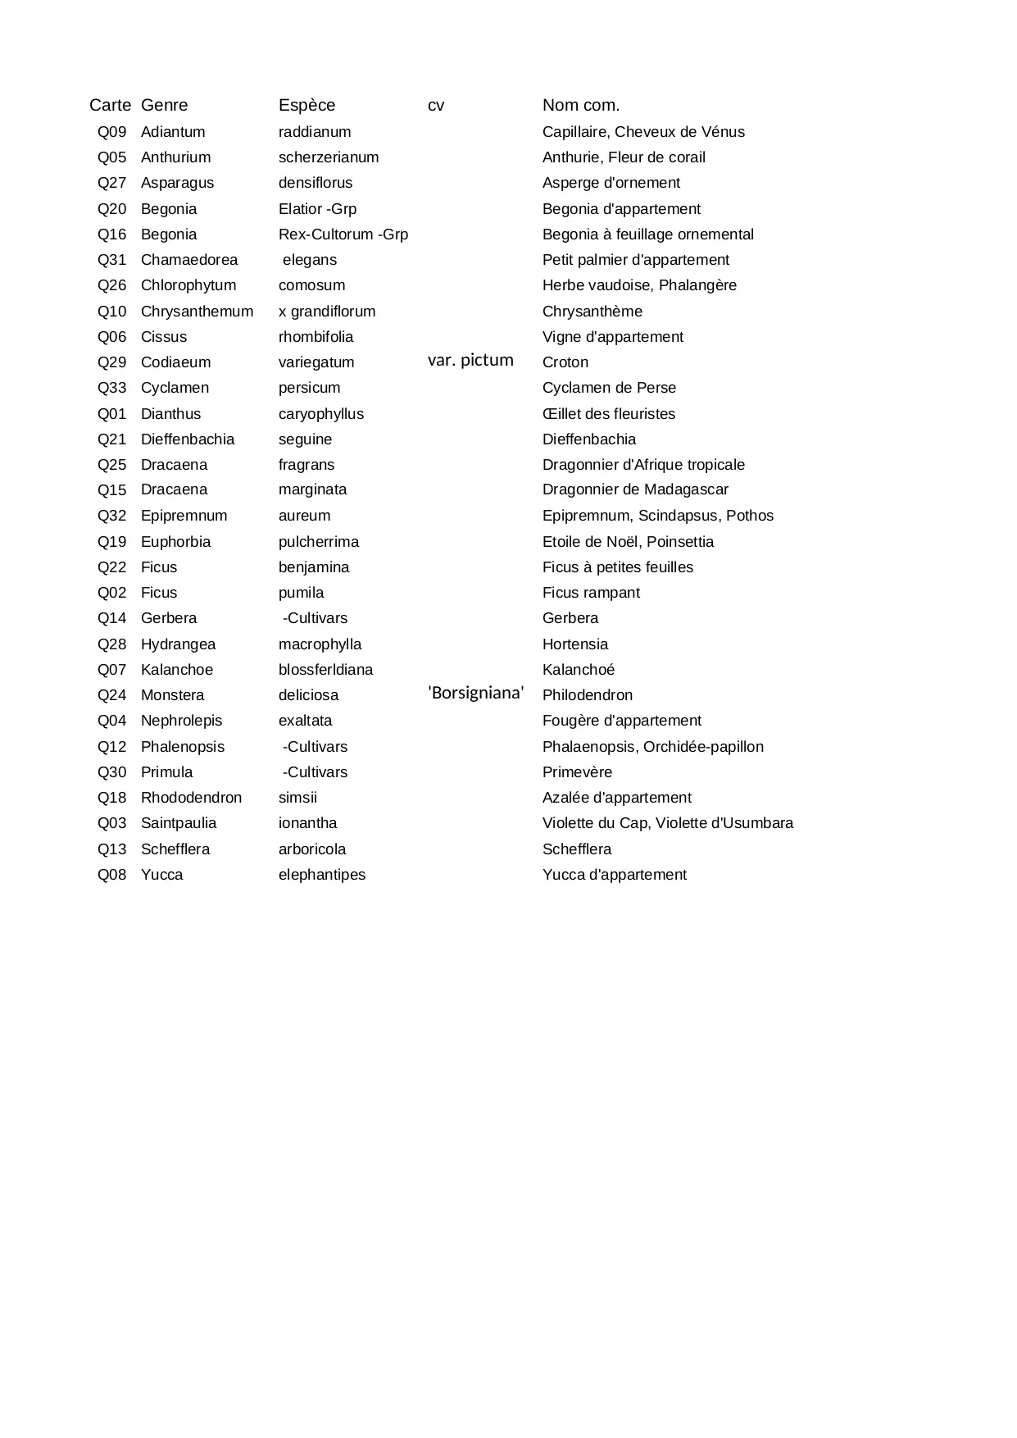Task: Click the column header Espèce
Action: [x=306, y=105]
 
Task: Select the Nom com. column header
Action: [x=581, y=105]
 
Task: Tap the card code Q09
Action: [x=112, y=132]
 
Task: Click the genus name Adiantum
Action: [x=173, y=132]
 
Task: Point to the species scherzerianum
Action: [x=329, y=157]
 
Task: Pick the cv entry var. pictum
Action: [x=470, y=360]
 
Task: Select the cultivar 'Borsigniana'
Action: [x=476, y=693]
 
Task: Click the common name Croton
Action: [x=565, y=362]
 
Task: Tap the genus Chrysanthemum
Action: [x=197, y=312]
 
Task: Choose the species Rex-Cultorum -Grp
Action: [x=343, y=234]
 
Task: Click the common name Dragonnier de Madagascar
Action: [x=635, y=489]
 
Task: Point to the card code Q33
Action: [x=112, y=388]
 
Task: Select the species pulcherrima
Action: [x=319, y=542]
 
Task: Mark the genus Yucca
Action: [x=161, y=875]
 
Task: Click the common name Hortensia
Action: [x=575, y=644]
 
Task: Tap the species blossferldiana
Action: [x=325, y=670]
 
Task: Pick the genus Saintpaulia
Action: [x=179, y=823]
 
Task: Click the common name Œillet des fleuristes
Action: [x=609, y=414]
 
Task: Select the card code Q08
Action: [x=112, y=875]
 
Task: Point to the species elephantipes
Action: [x=322, y=875]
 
